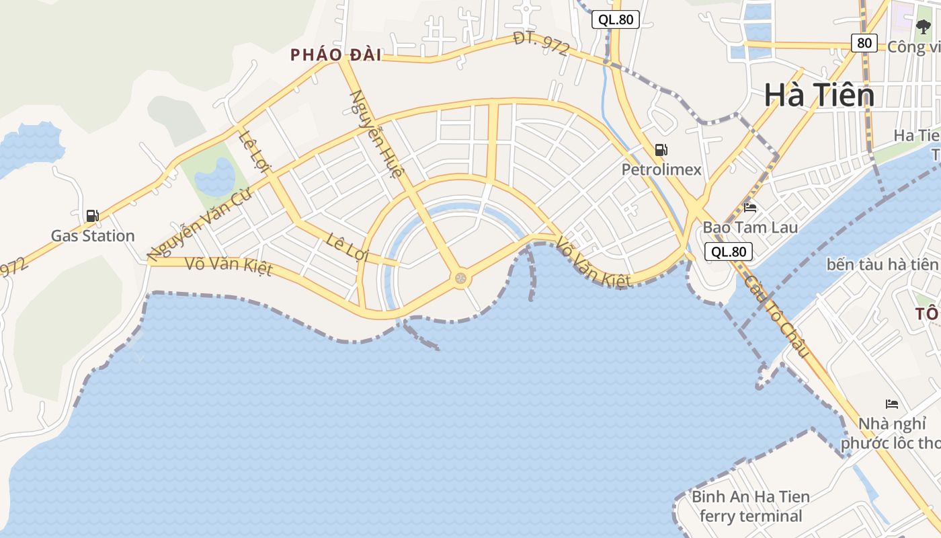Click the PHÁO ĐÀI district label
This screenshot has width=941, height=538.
[335, 55]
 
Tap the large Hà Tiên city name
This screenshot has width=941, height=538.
[819, 95]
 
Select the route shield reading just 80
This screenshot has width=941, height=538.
[864, 43]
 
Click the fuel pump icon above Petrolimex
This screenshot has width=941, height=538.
[661, 150]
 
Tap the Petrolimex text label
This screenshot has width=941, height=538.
[661, 169]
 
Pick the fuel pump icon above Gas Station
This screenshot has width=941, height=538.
[93, 216]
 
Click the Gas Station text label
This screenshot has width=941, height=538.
[93, 236]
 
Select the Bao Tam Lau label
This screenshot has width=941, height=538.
[750, 227]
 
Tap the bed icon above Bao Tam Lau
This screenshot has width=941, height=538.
[750, 207]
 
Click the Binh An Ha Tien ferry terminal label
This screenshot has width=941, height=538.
[751, 506]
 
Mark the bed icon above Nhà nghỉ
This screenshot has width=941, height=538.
[892, 404]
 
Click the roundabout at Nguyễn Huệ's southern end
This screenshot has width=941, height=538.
[460, 277]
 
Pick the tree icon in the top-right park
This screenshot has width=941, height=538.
[923, 27]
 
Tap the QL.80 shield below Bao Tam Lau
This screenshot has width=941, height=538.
[728, 252]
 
